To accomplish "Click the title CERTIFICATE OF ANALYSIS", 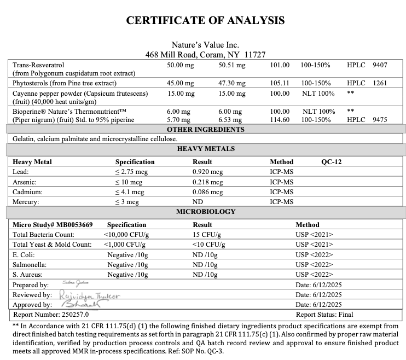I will pos(205,20).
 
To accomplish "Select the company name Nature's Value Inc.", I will pos(205,45).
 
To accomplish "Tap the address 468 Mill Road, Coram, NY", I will pos(205,55).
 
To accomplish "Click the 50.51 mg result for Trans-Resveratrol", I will pos(232,65).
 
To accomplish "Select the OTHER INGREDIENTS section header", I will pos(205,130).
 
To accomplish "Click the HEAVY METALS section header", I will pos(205,148).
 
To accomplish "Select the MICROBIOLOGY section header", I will pos(205,211).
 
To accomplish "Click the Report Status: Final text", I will pos(324,315).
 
